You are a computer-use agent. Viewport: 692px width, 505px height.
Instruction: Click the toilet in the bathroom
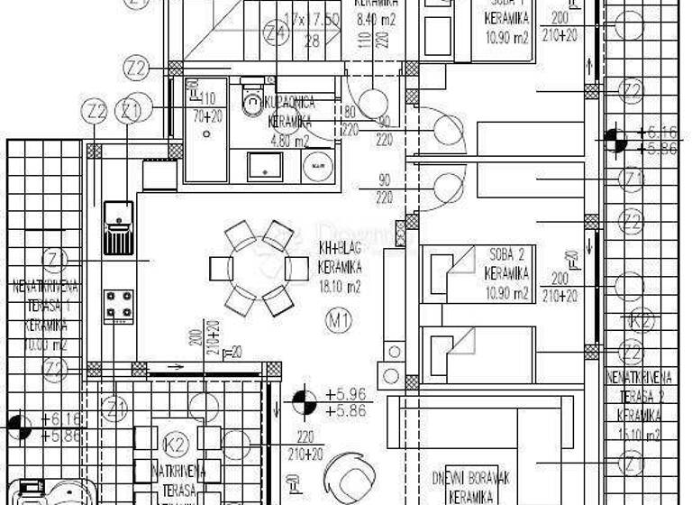click(251, 103)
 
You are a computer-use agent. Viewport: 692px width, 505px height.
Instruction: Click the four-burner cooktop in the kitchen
click(118, 305)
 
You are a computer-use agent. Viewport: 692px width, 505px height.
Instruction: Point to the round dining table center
click(259, 269)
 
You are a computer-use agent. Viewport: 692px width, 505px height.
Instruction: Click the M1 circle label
click(338, 317)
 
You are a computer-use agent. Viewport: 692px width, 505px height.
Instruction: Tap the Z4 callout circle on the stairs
click(275, 34)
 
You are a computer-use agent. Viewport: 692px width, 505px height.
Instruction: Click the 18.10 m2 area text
click(341, 289)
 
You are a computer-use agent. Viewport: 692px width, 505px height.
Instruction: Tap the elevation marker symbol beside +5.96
click(304, 400)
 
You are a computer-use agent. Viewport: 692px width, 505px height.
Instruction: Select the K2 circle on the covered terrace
click(178, 443)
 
